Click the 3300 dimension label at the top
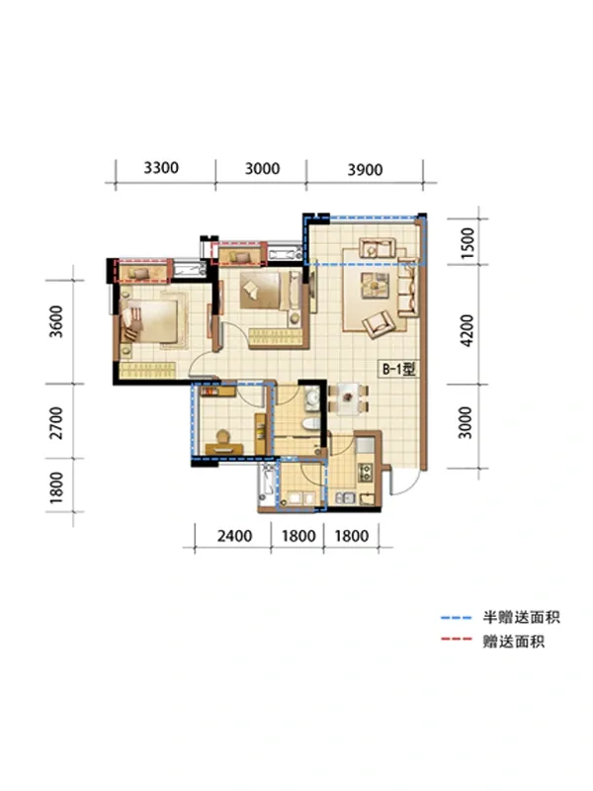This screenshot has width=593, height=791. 161,168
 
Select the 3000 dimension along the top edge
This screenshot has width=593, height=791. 261,168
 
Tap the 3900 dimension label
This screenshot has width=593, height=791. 365,169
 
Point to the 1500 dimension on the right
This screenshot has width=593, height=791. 469,241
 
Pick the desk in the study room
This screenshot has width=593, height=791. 223,436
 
